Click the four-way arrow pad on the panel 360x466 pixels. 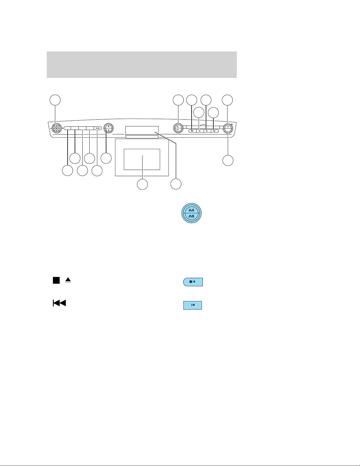tap(56, 128)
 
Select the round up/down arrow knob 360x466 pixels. tap(108, 128)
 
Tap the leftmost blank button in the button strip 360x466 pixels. tap(67, 128)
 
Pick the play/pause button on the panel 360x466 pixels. tap(215, 131)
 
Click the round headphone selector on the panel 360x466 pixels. tap(178, 128)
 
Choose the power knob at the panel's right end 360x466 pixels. tap(228, 129)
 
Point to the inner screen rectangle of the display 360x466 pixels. tap(142, 159)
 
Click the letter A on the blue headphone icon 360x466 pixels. tap(193, 210)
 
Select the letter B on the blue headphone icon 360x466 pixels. tap(193, 216)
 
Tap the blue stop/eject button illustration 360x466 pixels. tap(193, 282)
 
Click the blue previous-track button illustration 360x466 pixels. tap(193, 305)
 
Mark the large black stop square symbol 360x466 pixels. tap(56, 280)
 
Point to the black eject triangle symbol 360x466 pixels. tap(68, 280)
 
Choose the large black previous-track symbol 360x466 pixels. tap(59, 303)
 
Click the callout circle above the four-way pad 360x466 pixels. tap(55, 100)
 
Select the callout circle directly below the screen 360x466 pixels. tap(142, 184)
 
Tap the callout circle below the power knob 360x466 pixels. tap(228, 161)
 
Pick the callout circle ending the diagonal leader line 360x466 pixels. tap(176, 184)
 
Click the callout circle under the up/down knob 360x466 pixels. tap(106, 158)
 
